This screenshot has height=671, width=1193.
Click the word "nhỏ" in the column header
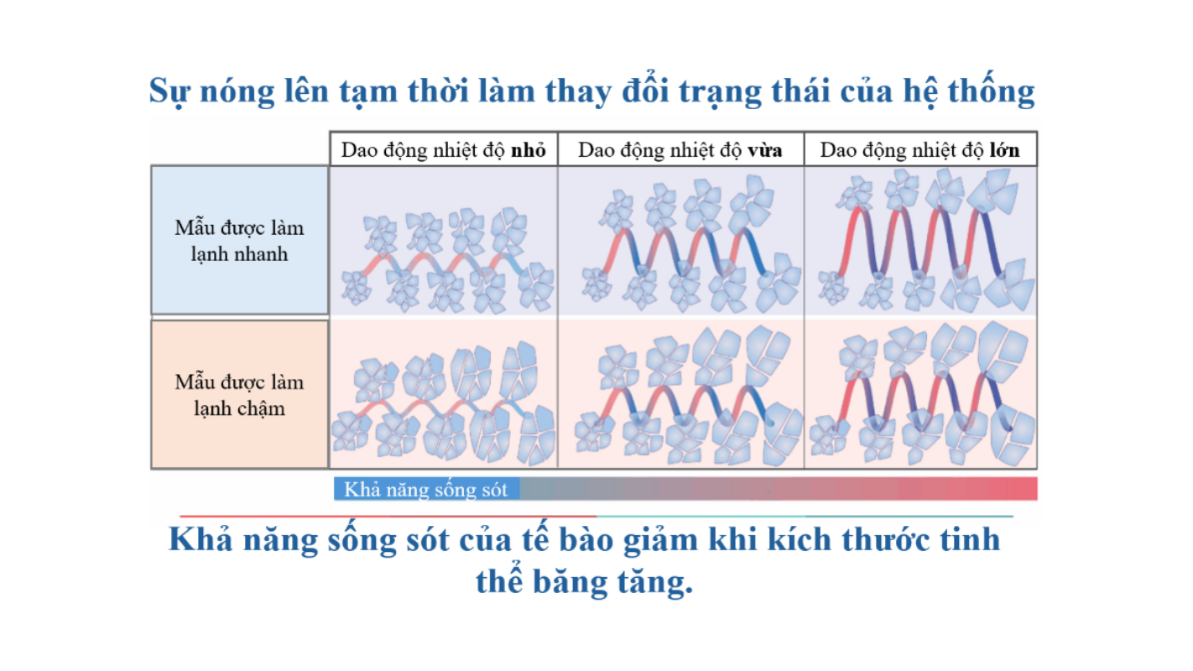point(528,151)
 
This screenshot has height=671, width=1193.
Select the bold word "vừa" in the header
point(765,151)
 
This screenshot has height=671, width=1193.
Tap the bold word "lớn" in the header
point(1004,150)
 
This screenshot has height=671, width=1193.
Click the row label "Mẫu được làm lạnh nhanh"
point(239,241)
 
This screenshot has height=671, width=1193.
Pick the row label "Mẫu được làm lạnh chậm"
point(239,395)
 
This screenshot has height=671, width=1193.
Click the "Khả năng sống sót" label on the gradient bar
point(425,489)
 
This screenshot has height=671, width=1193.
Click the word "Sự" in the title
point(169,92)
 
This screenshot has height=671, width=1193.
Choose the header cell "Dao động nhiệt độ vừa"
point(680,149)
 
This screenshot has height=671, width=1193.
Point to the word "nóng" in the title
point(237,92)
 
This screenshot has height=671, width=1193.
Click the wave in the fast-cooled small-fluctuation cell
point(442,264)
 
